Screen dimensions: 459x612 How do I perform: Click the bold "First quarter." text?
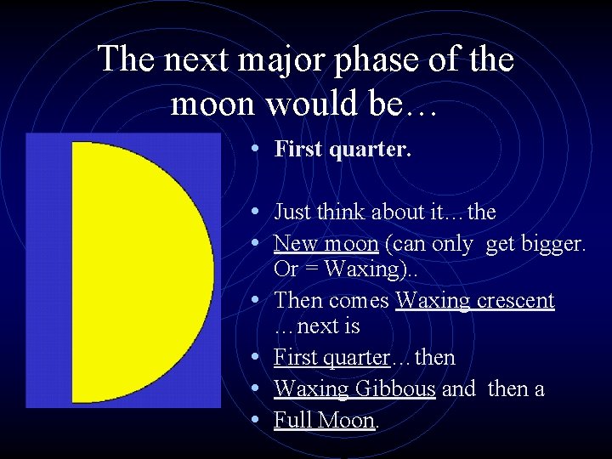[343, 150]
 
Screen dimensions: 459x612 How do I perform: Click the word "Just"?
[292, 212]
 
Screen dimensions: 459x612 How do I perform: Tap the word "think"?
[339, 212]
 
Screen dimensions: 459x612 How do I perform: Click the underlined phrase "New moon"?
[326, 244]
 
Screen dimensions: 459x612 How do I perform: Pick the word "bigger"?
[553, 245]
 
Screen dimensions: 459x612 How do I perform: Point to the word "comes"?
[360, 301]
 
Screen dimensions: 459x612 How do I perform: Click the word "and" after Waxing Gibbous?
[459, 388]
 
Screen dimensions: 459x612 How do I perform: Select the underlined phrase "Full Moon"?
[324, 420]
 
